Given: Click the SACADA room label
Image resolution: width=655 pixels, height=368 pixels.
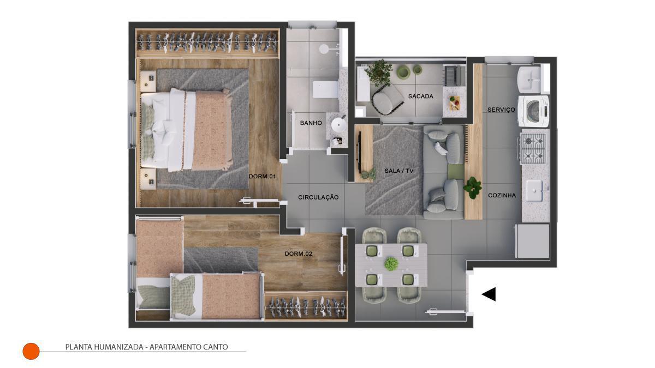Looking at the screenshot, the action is pyautogui.click(x=420, y=96).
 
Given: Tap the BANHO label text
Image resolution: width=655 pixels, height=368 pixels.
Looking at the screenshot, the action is pyautogui.click(x=311, y=123).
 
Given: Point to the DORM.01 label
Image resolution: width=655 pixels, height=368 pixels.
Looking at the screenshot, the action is pyautogui.click(x=263, y=177).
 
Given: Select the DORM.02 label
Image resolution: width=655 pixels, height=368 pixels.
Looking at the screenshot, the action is pyautogui.click(x=299, y=254).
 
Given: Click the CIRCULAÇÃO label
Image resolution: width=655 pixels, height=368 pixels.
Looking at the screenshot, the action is pyautogui.click(x=318, y=197).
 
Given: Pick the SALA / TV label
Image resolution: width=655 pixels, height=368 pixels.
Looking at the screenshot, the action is pyautogui.click(x=399, y=171).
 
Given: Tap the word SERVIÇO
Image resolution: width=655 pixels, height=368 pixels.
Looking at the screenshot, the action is pyautogui.click(x=501, y=110).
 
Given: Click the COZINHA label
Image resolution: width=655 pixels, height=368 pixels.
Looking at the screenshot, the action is pyautogui.click(x=502, y=195).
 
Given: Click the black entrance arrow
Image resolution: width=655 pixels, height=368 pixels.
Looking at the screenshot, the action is pyautogui.click(x=489, y=294).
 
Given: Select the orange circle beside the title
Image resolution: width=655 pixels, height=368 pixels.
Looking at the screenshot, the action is pyautogui.click(x=31, y=351).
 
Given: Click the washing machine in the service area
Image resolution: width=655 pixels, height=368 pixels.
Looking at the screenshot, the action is pyautogui.click(x=534, y=111).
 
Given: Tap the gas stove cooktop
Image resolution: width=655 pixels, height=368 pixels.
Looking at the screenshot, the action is pyautogui.click(x=533, y=148).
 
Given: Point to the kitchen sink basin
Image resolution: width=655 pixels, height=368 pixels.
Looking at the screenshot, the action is pyautogui.click(x=534, y=191).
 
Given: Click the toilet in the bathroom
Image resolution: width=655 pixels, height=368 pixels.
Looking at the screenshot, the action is pyautogui.click(x=325, y=89).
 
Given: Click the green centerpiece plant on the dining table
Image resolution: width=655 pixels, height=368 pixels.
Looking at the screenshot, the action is pyautogui.click(x=391, y=264).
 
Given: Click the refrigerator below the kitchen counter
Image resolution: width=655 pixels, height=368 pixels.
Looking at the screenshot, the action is pyautogui.click(x=532, y=241).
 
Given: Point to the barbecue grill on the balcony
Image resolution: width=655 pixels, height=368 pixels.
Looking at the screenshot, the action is pyautogui.click(x=452, y=75).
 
